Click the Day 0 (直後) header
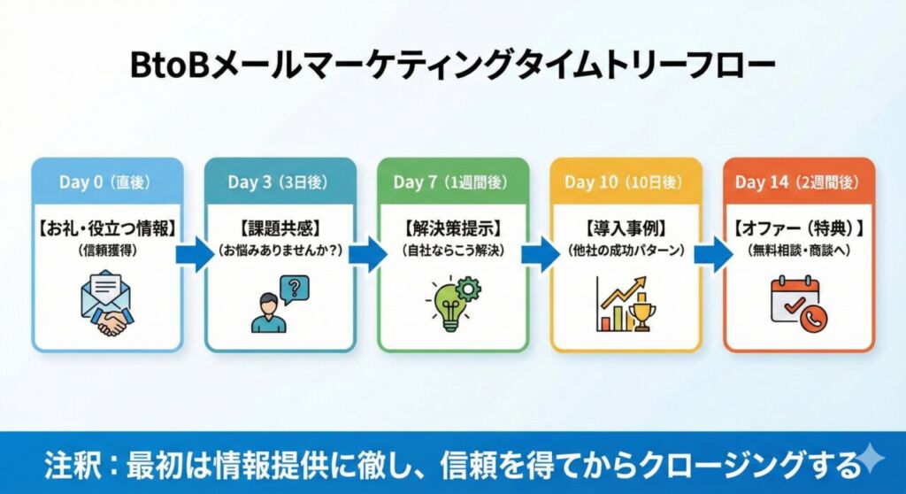106,182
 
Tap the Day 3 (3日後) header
280,182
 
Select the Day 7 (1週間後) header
451,182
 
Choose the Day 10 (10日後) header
625,182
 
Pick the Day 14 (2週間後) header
798,182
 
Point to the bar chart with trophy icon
625,304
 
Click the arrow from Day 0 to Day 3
194,255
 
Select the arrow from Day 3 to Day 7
366,255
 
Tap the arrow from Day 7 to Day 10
539,255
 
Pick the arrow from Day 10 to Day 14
712,255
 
